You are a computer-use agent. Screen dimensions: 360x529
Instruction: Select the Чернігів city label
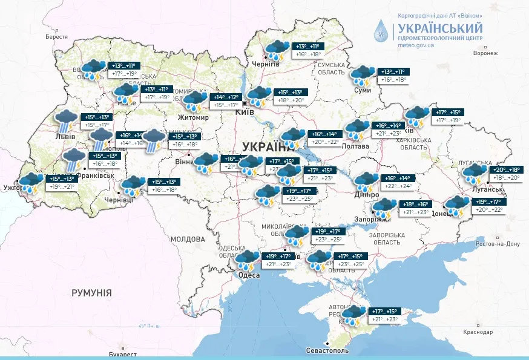[x=266, y=64]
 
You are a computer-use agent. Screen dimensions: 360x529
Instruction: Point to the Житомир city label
[x=193, y=117]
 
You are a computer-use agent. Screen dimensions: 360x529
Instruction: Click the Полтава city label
[x=355, y=146]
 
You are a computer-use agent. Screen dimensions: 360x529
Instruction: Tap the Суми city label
[x=362, y=90]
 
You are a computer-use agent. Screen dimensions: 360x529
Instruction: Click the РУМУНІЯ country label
[x=91, y=293]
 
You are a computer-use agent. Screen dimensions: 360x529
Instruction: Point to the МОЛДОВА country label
[x=188, y=239]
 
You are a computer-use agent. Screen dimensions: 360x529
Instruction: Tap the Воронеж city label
[x=485, y=53]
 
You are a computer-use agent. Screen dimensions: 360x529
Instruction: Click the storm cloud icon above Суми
[x=363, y=75]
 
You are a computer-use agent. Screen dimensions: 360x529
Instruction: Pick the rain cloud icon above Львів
[x=65, y=120]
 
